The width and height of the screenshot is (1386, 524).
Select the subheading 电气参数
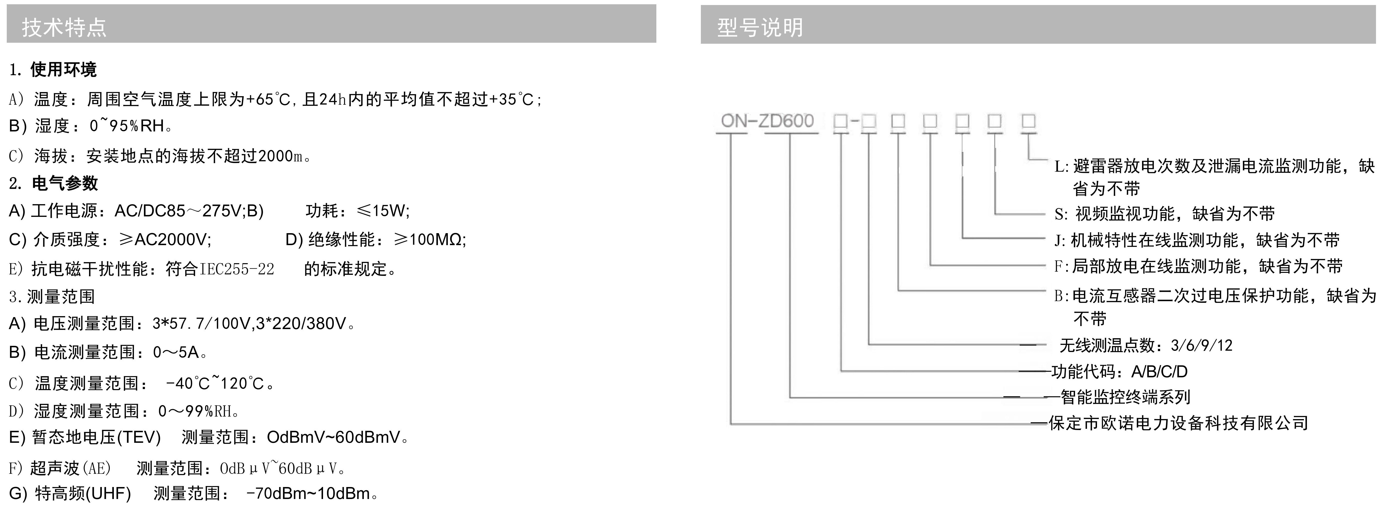click(65, 183)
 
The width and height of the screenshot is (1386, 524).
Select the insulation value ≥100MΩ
click(429, 239)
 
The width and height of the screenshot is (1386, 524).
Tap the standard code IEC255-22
click(237, 269)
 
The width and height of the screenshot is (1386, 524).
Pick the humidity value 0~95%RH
click(127, 126)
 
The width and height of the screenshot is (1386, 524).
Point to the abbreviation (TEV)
click(139, 437)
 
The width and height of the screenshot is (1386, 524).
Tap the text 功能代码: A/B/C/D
click(1119, 371)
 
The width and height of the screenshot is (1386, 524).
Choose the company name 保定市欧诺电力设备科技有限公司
click(1178, 423)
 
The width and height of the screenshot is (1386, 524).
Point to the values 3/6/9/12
click(1201, 345)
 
